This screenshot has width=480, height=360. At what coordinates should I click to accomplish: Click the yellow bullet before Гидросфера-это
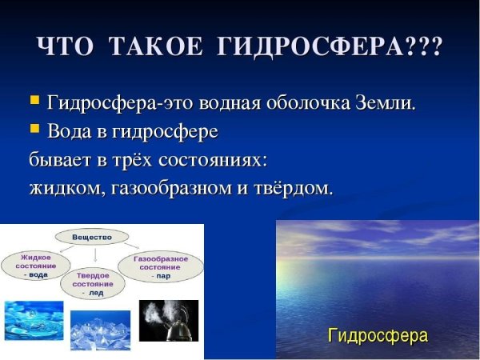point(34,101)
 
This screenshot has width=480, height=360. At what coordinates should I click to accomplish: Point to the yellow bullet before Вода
point(34,127)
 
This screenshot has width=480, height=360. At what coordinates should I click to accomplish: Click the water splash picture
point(34,320)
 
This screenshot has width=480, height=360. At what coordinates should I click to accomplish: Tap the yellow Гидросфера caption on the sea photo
point(378,334)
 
